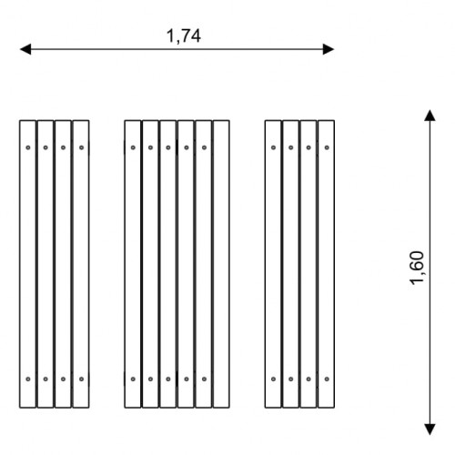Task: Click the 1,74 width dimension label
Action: click(184, 36)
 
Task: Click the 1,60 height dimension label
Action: click(417, 268)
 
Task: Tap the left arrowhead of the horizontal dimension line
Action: click(25, 49)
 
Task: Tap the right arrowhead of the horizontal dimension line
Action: click(329, 49)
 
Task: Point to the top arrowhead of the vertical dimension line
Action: click(430, 116)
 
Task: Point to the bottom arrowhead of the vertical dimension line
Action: click(430, 430)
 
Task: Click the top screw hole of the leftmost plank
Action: click(28, 147)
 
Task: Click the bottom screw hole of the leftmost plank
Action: click(28, 379)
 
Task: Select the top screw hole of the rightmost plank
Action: click(327, 147)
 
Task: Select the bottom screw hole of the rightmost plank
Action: click(327, 379)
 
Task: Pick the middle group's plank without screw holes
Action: click(221, 264)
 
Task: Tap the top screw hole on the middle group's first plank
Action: click(133, 147)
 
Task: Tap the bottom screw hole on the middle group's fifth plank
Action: click(204, 379)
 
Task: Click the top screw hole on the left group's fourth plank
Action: click(81, 147)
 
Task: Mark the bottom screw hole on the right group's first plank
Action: click(273, 379)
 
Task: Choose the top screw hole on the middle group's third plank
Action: click(168, 147)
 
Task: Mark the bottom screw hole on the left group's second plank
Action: click(45, 379)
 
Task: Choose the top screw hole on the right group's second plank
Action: click(291, 147)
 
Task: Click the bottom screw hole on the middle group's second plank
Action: click(150, 379)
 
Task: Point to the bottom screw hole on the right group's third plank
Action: click(308, 379)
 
